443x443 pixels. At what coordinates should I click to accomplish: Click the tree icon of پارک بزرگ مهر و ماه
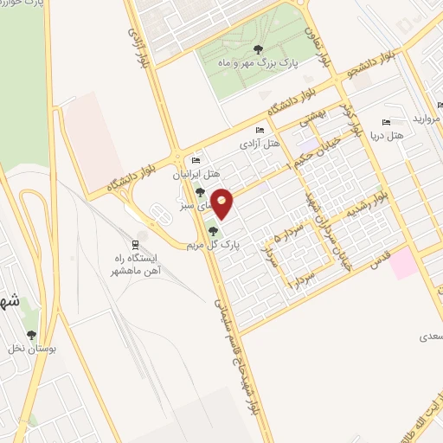(x=260, y=50)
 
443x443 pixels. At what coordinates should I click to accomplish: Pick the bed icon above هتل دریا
(x=386, y=122)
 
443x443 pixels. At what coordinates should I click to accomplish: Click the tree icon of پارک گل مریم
(x=214, y=230)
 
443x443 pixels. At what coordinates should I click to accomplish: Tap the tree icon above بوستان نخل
(x=32, y=335)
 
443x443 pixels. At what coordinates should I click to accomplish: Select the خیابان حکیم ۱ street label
(x=309, y=147)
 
